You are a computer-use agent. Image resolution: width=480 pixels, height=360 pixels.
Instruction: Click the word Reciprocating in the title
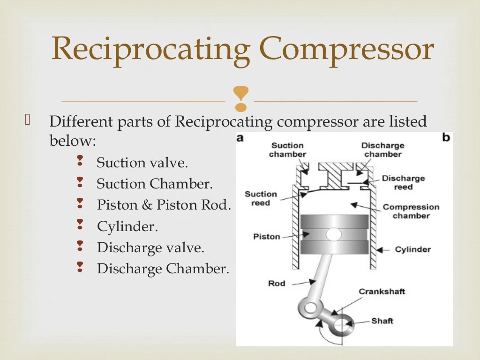click(151, 49)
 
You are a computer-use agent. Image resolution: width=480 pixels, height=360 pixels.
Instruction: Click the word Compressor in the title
click(346, 49)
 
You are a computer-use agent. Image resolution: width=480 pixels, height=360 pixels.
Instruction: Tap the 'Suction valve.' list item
click(142, 163)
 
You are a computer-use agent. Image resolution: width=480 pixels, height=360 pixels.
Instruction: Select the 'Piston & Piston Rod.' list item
click(164, 205)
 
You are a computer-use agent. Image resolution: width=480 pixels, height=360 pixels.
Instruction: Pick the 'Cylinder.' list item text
click(127, 226)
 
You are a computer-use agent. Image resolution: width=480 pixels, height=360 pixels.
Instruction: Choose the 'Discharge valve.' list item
click(150, 247)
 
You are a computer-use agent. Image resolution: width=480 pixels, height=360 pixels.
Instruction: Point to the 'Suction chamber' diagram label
click(287, 150)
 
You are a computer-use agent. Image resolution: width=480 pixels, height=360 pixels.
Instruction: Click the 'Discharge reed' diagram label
click(403, 182)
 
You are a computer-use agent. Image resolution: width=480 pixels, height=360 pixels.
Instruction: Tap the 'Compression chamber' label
click(411, 211)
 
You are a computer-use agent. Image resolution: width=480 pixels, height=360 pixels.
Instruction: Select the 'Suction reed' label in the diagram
click(261, 198)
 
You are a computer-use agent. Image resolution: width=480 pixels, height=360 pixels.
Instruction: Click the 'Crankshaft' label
click(382, 291)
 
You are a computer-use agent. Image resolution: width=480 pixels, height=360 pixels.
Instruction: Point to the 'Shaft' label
click(382, 321)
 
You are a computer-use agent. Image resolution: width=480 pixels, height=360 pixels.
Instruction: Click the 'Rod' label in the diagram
click(277, 283)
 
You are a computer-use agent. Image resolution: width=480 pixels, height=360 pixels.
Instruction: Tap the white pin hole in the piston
click(334, 233)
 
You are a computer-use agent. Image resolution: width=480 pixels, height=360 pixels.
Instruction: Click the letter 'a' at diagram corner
click(240, 138)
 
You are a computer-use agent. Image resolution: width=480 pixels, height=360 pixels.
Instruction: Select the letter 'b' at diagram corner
click(446, 137)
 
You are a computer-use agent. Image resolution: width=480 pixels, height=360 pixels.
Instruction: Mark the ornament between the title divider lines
click(240, 99)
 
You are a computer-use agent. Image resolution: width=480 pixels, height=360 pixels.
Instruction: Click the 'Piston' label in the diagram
click(266, 236)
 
